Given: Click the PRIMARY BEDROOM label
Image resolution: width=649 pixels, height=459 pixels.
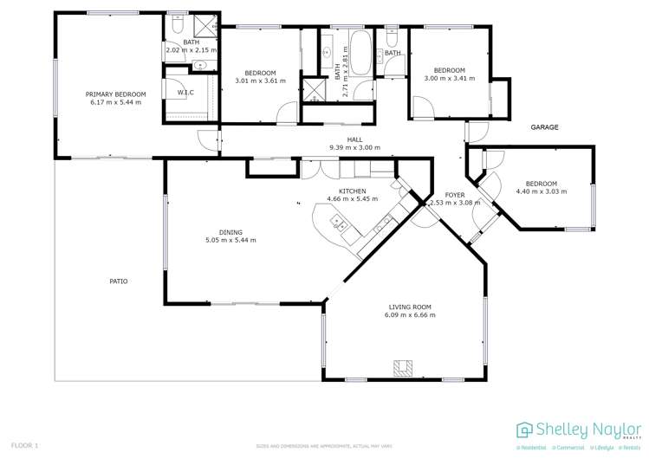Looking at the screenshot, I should (115, 94).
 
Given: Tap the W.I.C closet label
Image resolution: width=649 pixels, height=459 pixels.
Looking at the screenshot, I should (185, 93).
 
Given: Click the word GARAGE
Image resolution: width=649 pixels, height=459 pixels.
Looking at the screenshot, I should (544, 127).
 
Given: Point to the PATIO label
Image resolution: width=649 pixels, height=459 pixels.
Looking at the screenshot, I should (119, 281).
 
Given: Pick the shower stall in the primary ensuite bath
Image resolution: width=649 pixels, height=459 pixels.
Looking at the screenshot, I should (204, 26).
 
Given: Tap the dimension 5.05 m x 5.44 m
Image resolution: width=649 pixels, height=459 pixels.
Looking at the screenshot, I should (230, 240).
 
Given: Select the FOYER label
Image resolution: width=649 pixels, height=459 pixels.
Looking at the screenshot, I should (455, 195).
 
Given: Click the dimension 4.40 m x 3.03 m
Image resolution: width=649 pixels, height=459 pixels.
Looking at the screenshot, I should (542, 191).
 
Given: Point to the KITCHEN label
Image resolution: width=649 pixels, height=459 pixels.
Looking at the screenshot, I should (352, 191).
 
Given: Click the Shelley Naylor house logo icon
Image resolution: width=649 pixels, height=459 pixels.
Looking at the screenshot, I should (524, 430).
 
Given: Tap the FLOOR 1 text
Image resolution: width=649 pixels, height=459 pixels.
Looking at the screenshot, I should (26, 445).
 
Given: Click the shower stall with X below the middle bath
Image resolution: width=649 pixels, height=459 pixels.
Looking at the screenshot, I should (311, 91).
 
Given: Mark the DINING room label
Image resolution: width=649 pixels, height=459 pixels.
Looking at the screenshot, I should (230, 232).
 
